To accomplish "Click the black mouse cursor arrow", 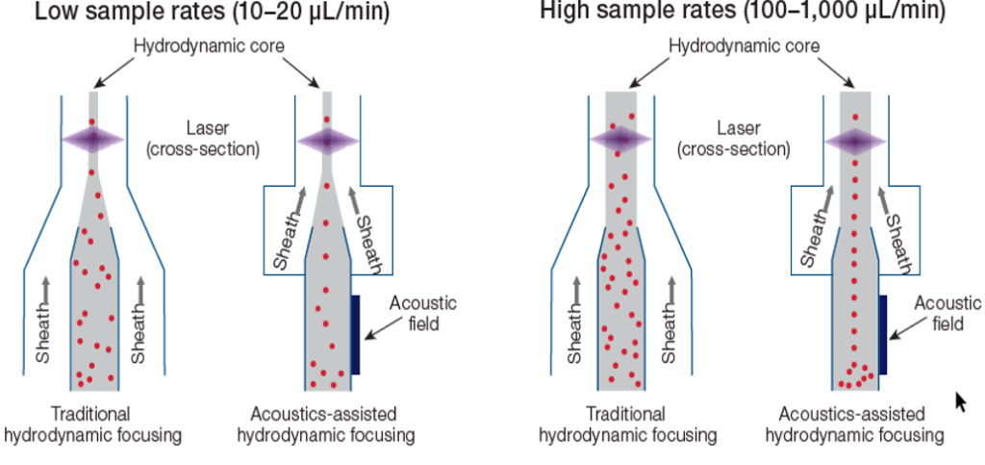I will point(959,400).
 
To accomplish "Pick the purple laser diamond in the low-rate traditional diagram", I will point(92,140).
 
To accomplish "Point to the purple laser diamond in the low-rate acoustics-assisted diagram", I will point(327,140).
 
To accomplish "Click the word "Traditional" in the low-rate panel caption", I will point(92,414).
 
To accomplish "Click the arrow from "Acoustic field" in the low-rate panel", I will point(379,331).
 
